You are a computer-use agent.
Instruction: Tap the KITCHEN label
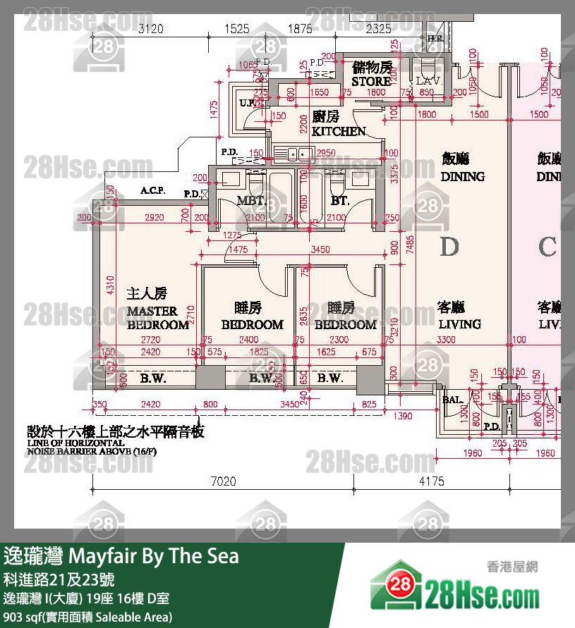339,131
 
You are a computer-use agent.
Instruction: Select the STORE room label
371,81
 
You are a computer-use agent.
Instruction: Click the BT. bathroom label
340,201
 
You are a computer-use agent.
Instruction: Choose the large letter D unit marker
449,247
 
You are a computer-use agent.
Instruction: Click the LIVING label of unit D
459,324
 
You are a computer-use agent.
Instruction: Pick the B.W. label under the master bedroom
152,378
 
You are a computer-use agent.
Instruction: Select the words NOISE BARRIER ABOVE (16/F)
90,465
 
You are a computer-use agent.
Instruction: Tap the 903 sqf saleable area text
88,617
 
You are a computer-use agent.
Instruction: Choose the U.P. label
247,104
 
